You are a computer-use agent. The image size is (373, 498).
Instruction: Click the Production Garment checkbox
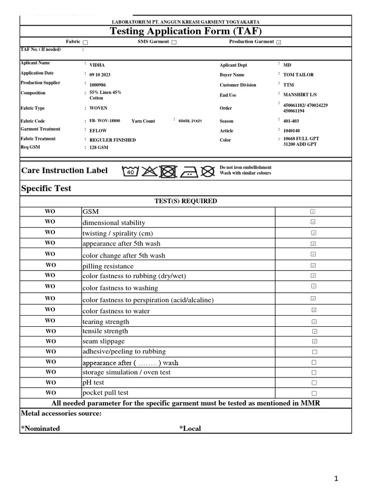point(278,42)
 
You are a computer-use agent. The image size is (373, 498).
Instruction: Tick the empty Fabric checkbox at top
point(85,42)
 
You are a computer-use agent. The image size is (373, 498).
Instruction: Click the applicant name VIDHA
point(97,65)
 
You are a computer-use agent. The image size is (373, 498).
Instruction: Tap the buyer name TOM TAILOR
point(298,74)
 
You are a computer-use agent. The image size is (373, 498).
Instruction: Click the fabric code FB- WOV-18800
point(104,121)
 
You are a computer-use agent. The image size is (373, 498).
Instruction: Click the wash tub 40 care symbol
point(130,171)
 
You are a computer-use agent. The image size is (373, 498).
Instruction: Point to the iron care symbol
point(188,171)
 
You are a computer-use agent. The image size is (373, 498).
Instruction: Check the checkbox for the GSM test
point(314,212)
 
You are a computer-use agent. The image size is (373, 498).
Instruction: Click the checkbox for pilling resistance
point(314,266)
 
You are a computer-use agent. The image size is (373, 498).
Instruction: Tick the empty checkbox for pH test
point(314,383)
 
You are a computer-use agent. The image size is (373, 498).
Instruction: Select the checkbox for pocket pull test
point(314,393)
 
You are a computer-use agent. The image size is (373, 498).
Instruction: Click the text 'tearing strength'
point(106,321)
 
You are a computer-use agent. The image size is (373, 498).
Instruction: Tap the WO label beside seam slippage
point(51,341)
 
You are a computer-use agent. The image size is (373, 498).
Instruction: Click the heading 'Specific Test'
point(46,189)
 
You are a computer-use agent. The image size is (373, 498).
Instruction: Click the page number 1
point(336,479)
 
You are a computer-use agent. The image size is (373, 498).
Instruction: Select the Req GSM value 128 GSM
point(99,147)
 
